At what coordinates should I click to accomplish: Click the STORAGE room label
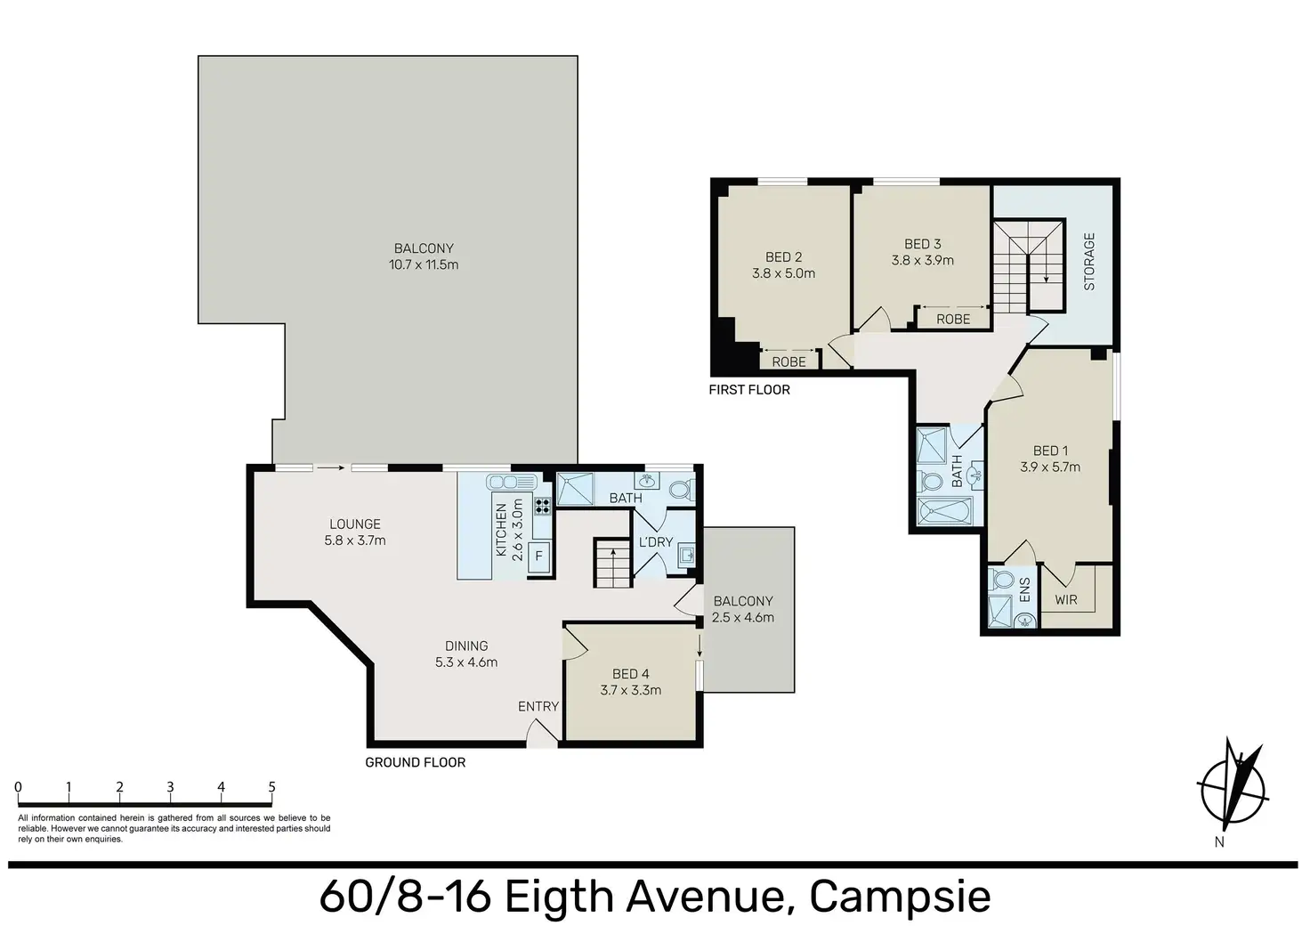pos(1088,262)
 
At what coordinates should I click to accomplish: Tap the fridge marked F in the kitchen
pos(538,556)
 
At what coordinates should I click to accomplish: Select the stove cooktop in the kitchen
pos(542,506)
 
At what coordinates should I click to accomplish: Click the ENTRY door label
pos(538,707)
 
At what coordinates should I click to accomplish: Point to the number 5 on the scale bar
pos(272,787)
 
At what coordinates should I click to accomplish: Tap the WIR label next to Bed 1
pos(1066,600)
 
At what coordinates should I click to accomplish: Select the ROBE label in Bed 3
pos(953,320)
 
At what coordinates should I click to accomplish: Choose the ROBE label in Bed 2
pos(788,362)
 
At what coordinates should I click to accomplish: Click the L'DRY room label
pos(656,542)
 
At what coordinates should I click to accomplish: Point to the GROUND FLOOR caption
pos(416,762)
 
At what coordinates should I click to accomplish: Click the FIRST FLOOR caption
pos(749,390)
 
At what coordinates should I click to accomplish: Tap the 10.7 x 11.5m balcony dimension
pos(424,265)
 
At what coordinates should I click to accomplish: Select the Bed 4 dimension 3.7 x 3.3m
pos(630,690)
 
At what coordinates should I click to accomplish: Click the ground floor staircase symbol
pos(613,562)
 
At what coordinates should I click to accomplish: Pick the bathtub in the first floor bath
pos(945,511)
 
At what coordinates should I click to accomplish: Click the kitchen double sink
pos(511,482)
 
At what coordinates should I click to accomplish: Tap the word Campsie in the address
pos(900,896)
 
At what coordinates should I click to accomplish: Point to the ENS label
pos(1024,589)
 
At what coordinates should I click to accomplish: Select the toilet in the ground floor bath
pos(682,490)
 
